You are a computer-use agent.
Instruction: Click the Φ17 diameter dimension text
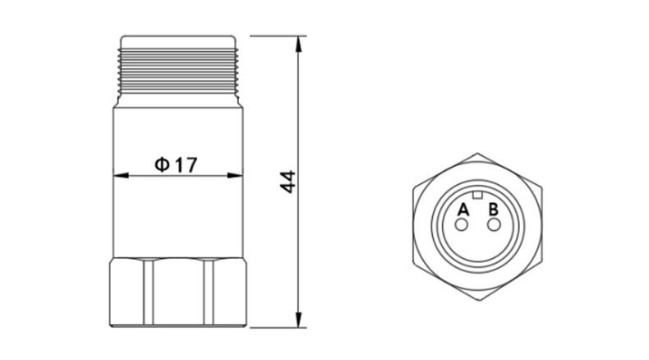(176, 164)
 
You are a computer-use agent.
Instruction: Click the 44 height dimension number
(288, 182)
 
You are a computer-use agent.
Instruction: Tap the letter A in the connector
(463, 210)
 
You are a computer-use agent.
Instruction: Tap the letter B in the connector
(494, 210)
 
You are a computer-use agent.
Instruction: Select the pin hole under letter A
(461, 225)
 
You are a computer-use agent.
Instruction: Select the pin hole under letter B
(494, 225)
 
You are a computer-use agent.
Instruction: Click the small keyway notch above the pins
(477, 195)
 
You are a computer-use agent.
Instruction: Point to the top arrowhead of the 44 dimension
(298, 44)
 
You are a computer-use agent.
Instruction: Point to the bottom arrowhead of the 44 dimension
(298, 320)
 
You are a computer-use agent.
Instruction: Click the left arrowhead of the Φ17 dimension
(121, 176)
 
